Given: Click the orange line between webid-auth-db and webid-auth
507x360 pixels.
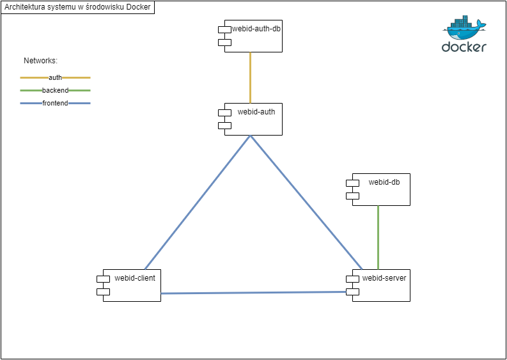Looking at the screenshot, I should [x=250, y=77].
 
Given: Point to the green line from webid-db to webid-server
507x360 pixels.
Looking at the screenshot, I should [x=378, y=237].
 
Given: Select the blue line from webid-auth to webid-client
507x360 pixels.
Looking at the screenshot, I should [x=198, y=202].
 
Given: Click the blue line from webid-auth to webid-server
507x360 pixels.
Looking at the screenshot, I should [x=306, y=202].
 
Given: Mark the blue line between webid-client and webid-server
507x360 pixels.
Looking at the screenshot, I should [x=253, y=293].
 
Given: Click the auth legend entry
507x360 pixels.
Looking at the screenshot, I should [x=55, y=77].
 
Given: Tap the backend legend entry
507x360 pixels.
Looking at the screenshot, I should [x=55, y=90].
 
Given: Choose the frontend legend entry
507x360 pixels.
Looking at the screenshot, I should [x=55, y=103].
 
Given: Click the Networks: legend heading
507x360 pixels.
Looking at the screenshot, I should [x=41, y=61].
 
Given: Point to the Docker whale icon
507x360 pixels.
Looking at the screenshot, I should [x=465, y=29].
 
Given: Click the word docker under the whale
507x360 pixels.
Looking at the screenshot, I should [x=464, y=47].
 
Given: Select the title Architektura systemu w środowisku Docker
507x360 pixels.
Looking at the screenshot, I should [x=77, y=7].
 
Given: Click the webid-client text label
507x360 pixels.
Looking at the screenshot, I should [x=135, y=278].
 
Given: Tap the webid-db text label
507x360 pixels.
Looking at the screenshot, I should [x=384, y=182].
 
